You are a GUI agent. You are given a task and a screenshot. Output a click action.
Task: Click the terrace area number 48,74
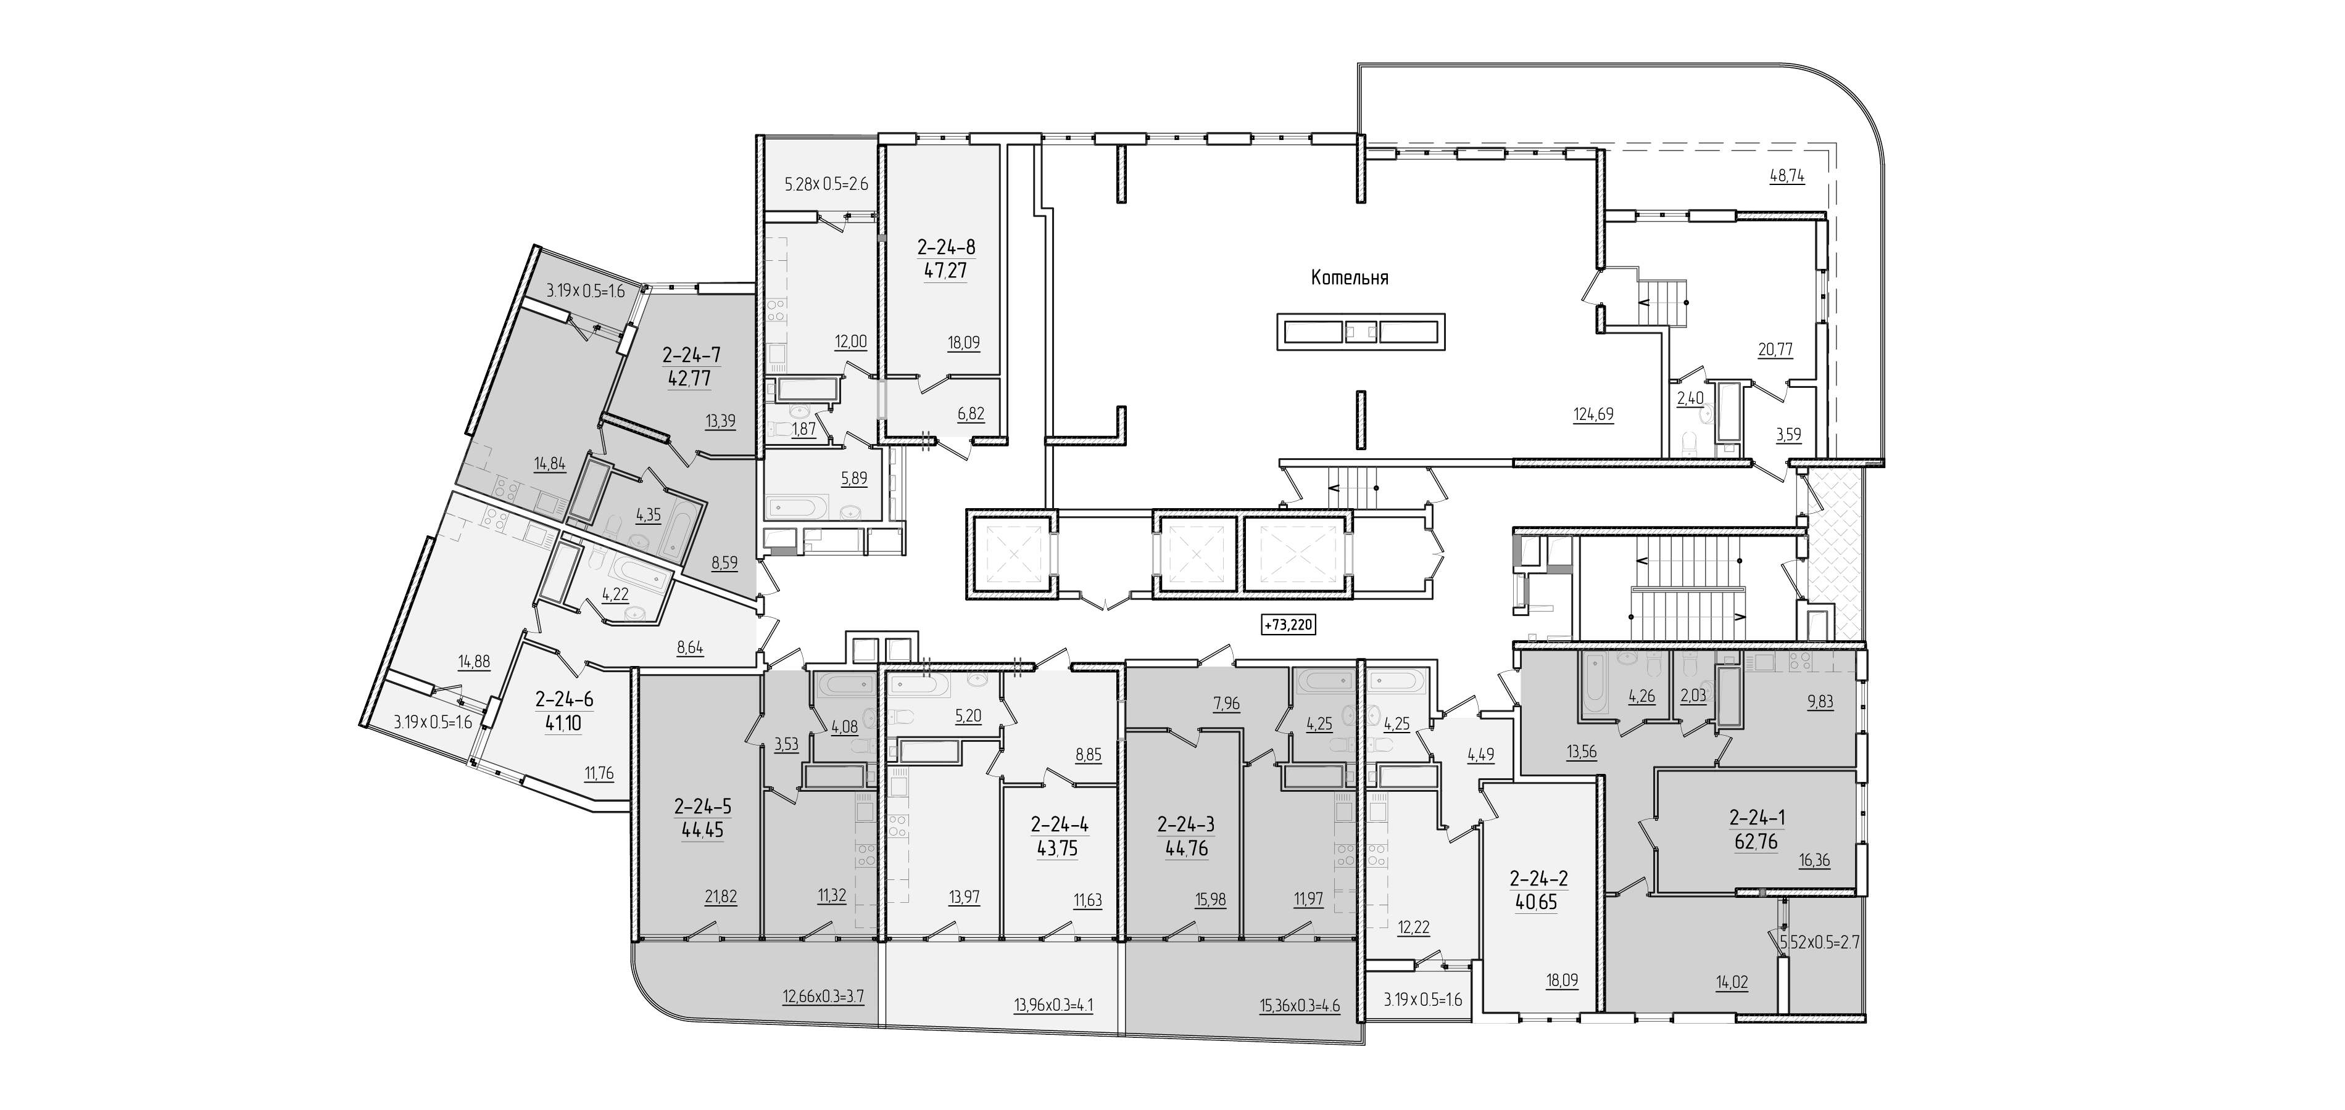point(1787,176)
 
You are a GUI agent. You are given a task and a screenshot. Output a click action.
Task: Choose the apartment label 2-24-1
point(1756,818)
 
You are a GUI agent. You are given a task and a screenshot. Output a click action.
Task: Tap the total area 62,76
point(1756,842)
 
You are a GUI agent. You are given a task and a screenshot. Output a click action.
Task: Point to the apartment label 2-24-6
point(565,700)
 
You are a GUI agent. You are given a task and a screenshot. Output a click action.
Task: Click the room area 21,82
point(720,896)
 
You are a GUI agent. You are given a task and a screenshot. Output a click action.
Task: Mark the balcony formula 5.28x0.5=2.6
point(826,184)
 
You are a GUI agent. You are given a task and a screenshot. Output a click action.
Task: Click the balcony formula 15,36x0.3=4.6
point(1298,1006)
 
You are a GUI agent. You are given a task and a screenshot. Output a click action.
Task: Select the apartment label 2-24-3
point(1186,825)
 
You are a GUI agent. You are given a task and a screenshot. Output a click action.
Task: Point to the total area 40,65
point(1536,903)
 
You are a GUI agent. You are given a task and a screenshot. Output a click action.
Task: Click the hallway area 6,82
point(971,413)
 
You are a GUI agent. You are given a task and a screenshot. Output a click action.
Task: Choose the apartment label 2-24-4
point(1060,825)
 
